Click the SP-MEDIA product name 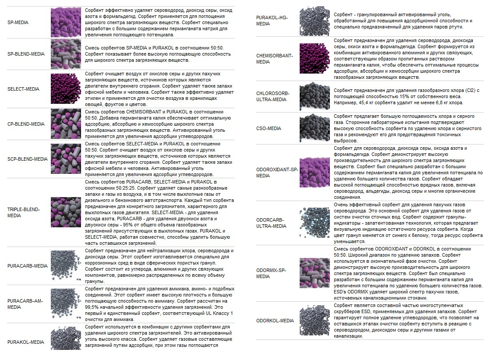(18, 22)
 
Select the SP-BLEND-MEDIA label (26, 54)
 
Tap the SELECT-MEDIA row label (23, 89)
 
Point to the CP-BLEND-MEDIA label (26, 124)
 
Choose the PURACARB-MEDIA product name (28, 266)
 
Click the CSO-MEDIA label (269, 128)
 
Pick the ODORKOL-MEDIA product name (275, 321)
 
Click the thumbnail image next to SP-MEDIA (66, 22)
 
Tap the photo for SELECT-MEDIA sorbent (66, 89)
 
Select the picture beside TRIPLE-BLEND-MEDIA (66, 212)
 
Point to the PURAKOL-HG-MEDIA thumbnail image (315, 20)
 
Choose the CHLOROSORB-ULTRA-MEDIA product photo (315, 96)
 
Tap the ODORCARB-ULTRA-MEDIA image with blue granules (315, 222)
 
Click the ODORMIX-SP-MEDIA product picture (315, 273)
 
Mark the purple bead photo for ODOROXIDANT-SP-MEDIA (315, 173)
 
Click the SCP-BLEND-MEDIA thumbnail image (66, 159)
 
